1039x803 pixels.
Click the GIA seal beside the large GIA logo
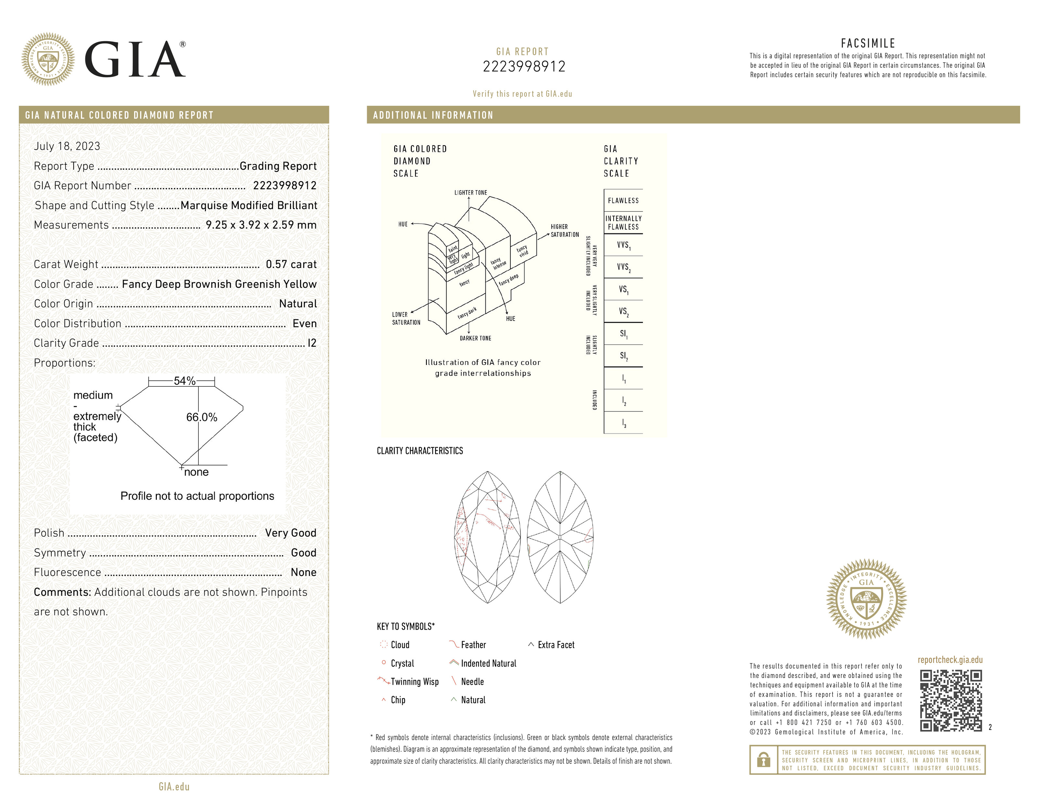48,59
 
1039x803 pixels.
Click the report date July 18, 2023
67,146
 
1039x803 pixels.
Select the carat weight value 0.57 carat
291,265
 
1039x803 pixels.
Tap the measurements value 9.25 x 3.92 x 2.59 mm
261,225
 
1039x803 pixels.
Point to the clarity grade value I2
312,343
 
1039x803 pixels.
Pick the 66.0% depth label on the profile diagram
201,417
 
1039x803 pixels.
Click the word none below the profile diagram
196,472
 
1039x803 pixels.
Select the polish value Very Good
290,533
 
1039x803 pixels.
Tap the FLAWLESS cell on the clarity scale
623,201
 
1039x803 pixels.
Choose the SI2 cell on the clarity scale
623,356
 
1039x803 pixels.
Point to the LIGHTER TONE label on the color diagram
470,193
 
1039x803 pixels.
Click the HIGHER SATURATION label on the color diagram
565,231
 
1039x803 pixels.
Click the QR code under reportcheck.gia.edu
950,700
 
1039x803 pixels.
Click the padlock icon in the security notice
764,760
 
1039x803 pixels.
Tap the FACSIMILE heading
868,43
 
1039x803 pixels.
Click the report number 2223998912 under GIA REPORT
524,67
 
